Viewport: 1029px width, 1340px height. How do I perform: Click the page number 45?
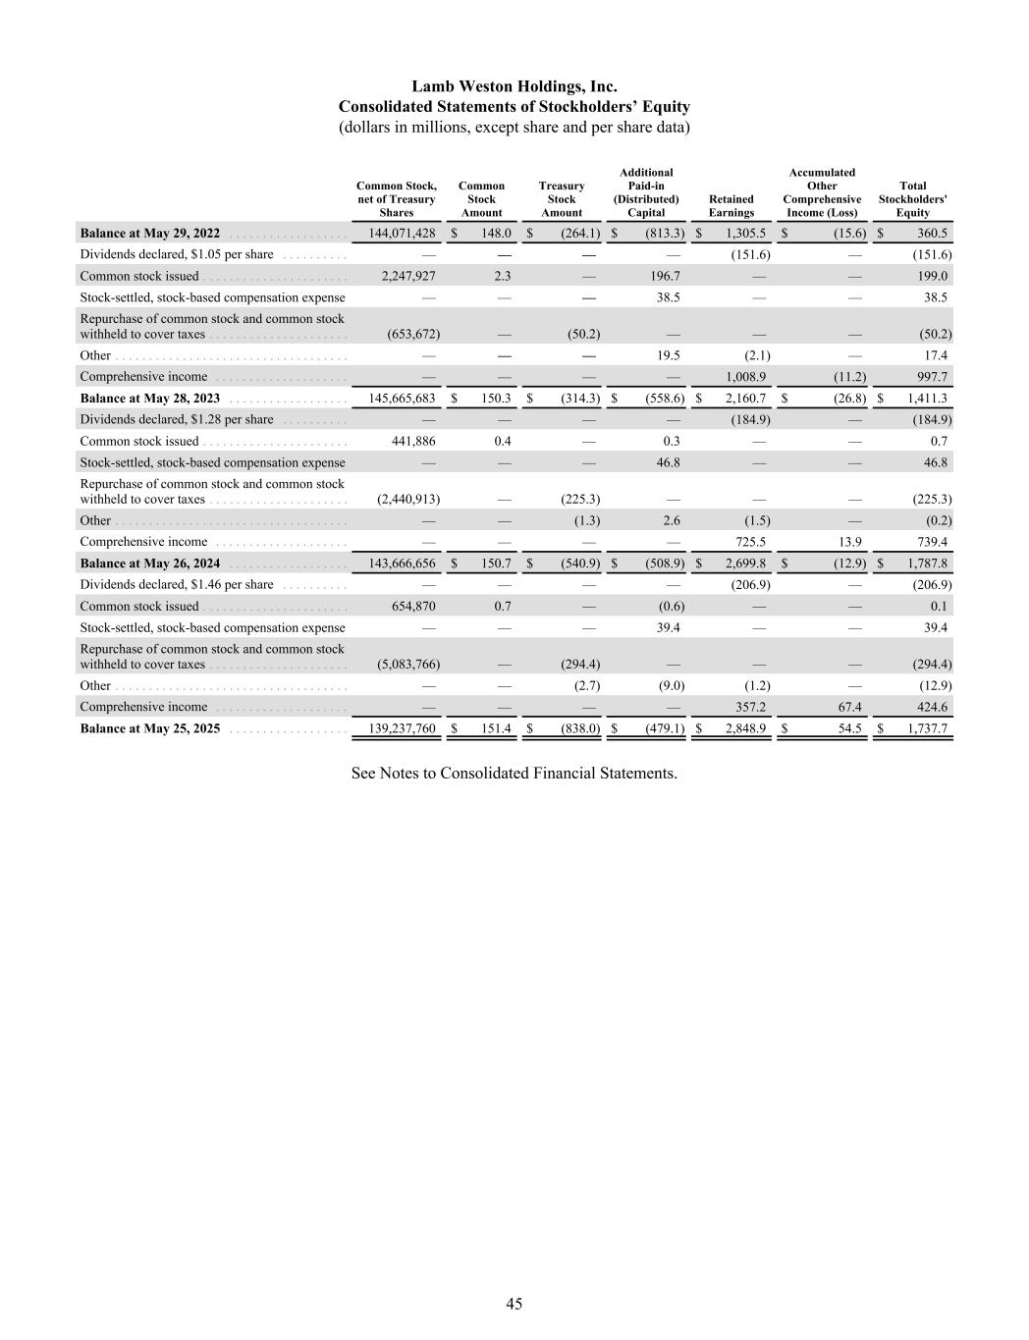click(514, 1304)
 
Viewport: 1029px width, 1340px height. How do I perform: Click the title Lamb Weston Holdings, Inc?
click(514, 86)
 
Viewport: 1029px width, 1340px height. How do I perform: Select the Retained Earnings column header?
click(731, 205)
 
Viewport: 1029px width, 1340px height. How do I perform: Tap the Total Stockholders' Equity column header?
click(912, 198)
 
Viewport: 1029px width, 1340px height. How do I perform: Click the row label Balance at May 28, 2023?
click(149, 399)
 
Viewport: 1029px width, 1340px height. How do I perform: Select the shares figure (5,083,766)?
click(402, 665)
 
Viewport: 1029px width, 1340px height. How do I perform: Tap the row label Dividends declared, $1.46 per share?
click(177, 585)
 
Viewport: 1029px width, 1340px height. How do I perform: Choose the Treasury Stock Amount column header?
click(562, 198)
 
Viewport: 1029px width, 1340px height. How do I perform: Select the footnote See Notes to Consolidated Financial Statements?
click(514, 774)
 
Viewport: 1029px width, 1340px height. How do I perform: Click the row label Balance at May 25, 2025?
click(149, 729)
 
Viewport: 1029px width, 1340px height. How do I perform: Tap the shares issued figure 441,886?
click(412, 442)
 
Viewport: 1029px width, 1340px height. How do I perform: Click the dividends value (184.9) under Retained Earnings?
click(750, 420)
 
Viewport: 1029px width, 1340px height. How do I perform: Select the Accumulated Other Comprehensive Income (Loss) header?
click(822, 192)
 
